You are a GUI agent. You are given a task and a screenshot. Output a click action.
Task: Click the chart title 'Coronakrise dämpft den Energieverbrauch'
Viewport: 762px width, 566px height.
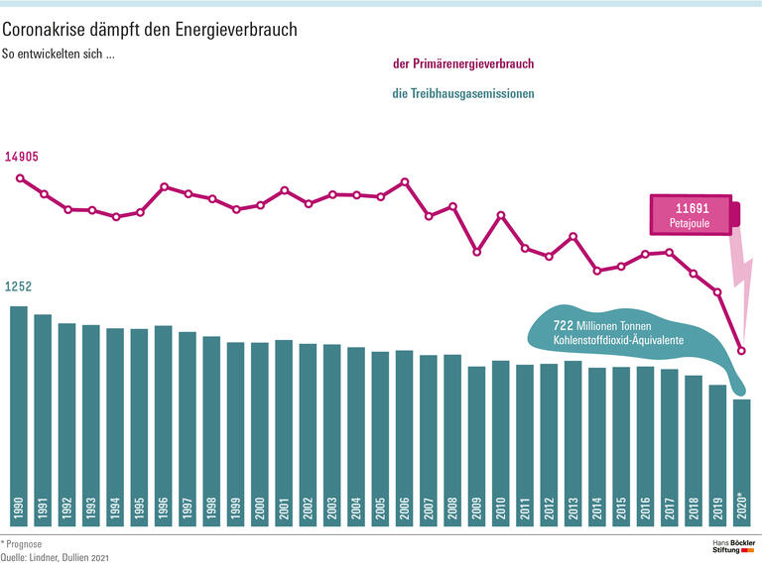(x=157, y=31)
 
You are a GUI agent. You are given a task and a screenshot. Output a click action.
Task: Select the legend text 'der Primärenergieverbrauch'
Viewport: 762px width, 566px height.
(x=464, y=64)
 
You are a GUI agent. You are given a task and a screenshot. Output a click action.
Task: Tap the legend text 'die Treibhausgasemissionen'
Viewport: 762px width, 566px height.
(x=463, y=94)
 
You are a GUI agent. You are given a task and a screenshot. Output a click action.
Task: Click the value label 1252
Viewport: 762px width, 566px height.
(x=19, y=286)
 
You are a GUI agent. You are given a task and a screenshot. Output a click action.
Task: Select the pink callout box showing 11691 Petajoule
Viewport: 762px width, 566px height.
(x=693, y=214)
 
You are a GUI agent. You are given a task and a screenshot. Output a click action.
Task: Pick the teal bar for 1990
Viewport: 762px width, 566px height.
(x=19, y=416)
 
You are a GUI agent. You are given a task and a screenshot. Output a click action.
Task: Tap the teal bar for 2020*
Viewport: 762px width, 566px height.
(x=741, y=461)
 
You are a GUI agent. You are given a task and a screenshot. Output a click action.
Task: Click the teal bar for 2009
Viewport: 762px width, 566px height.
(x=476, y=446)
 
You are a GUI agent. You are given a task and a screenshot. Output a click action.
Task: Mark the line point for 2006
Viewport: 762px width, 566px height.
(x=405, y=182)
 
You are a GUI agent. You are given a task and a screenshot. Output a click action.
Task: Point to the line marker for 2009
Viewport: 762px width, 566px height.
(x=476, y=252)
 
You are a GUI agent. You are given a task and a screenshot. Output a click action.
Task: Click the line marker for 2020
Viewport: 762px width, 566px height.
(x=741, y=351)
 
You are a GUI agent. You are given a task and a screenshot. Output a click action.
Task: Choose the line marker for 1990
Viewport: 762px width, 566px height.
(x=19, y=178)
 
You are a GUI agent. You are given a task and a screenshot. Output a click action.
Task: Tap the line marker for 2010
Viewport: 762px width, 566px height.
(x=501, y=215)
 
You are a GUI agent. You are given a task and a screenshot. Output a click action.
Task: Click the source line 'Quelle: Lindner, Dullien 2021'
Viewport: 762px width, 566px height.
(x=55, y=558)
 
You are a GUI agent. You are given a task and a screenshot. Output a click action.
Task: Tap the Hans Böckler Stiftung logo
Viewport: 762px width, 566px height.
(x=734, y=549)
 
